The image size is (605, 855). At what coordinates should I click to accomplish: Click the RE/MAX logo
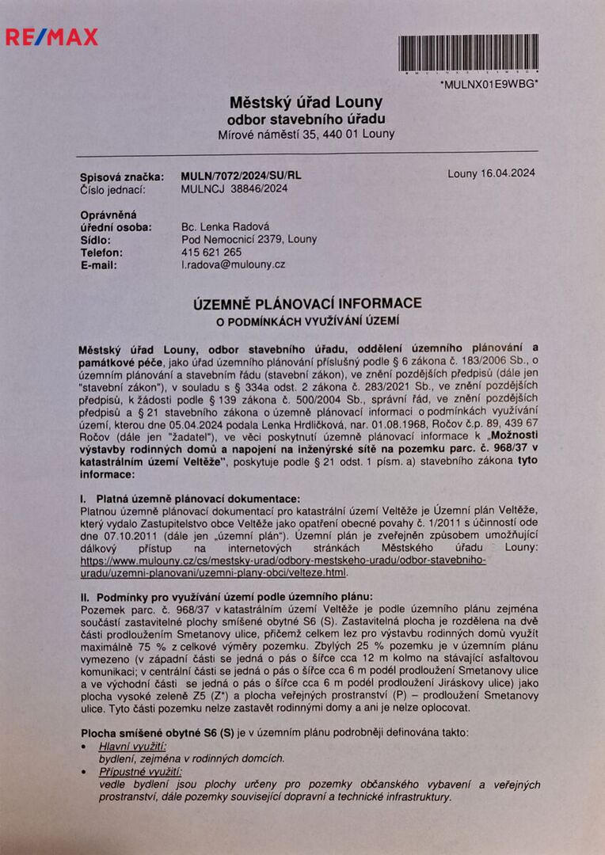[52, 36]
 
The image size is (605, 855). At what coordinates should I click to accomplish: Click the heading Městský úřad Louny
[306, 102]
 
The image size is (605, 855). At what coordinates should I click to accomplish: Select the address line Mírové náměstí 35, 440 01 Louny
[306, 135]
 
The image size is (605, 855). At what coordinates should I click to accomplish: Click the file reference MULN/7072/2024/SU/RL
[241, 177]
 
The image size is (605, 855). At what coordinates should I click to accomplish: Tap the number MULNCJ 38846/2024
[234, 188]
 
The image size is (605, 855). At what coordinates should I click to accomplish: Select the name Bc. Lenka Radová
[226, 226]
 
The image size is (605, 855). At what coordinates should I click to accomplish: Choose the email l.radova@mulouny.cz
[233, 264]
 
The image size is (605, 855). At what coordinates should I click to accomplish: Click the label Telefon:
[101, 252]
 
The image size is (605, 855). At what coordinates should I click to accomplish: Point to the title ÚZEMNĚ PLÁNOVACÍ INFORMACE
[309, 303]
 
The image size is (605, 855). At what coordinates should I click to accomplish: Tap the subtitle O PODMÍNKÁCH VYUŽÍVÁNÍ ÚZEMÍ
[309, 321]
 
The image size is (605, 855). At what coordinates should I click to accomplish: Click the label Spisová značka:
[122, 177]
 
